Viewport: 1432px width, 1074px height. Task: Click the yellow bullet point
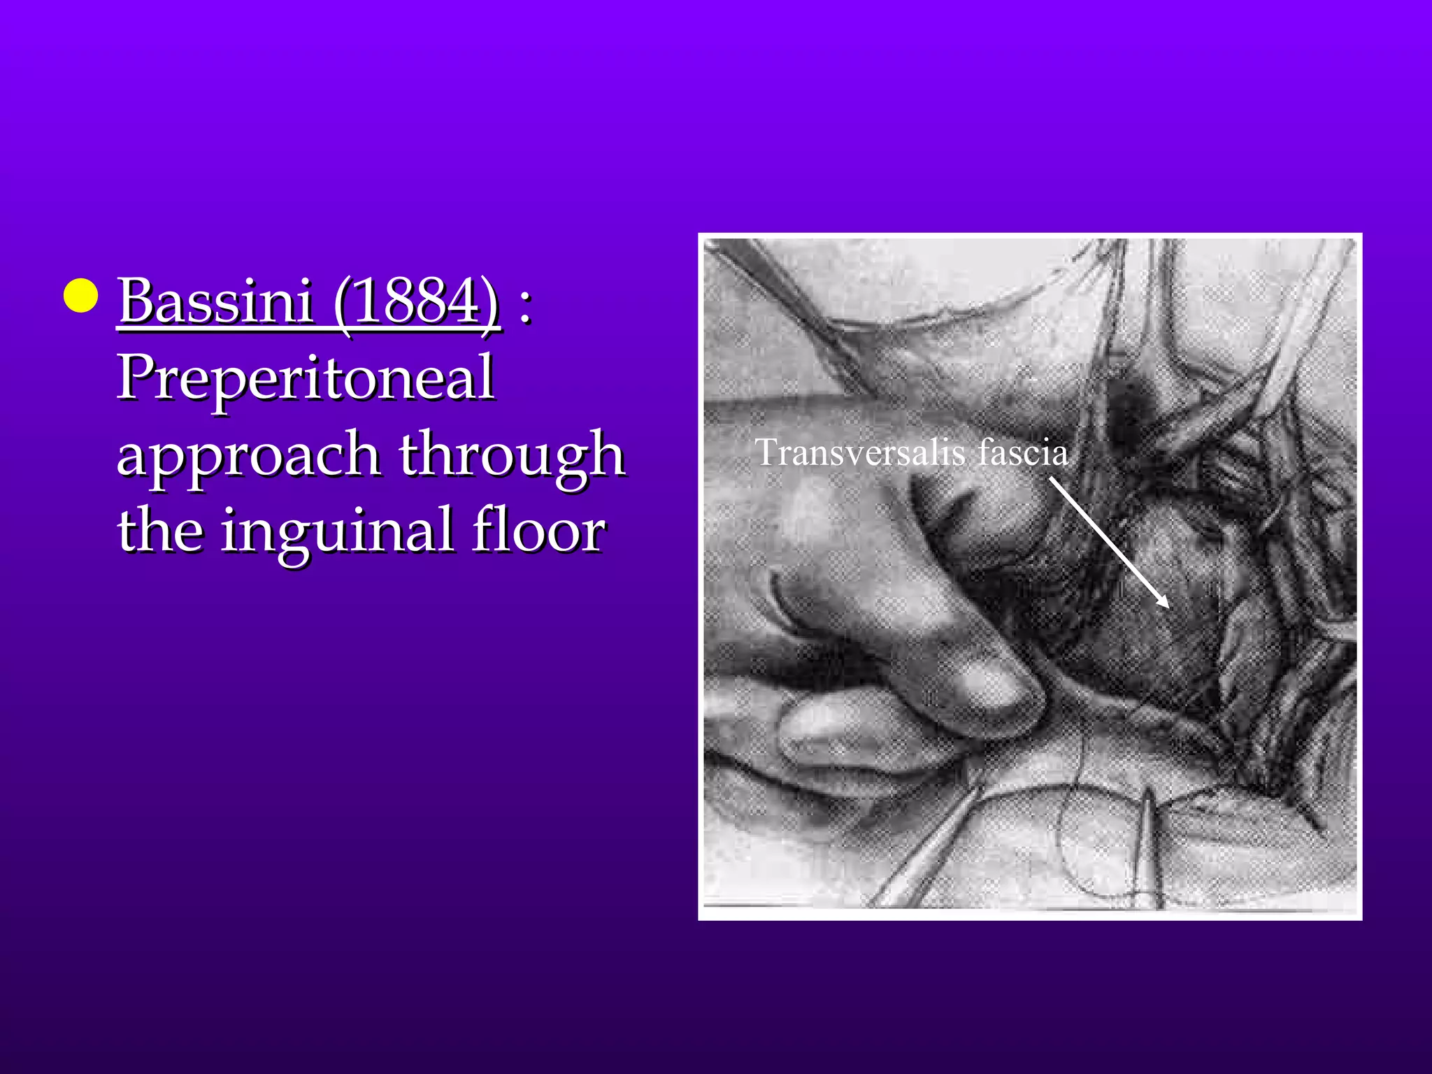(x=80, y=295)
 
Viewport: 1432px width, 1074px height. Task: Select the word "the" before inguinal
(x=160, y=529)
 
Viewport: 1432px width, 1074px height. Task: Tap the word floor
(x=538, y=529)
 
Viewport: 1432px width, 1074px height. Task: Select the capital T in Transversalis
(x=767, y=452)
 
